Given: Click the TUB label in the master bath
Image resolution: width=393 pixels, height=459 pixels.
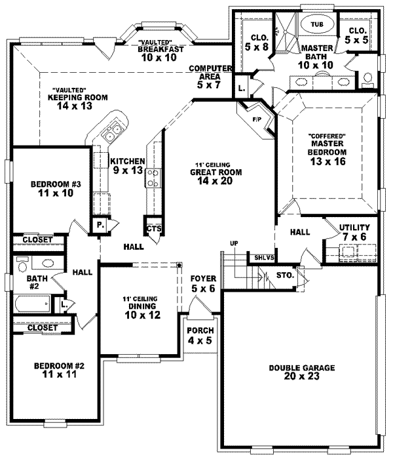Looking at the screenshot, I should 317,24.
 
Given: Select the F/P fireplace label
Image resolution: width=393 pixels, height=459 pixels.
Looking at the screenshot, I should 256,120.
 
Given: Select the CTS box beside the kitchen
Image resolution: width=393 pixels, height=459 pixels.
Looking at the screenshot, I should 154,228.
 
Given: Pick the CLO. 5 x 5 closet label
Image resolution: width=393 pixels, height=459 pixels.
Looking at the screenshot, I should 358,35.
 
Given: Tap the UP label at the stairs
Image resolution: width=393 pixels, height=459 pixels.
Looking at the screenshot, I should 233,245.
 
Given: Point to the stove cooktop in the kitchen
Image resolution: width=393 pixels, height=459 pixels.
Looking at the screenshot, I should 153,176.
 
